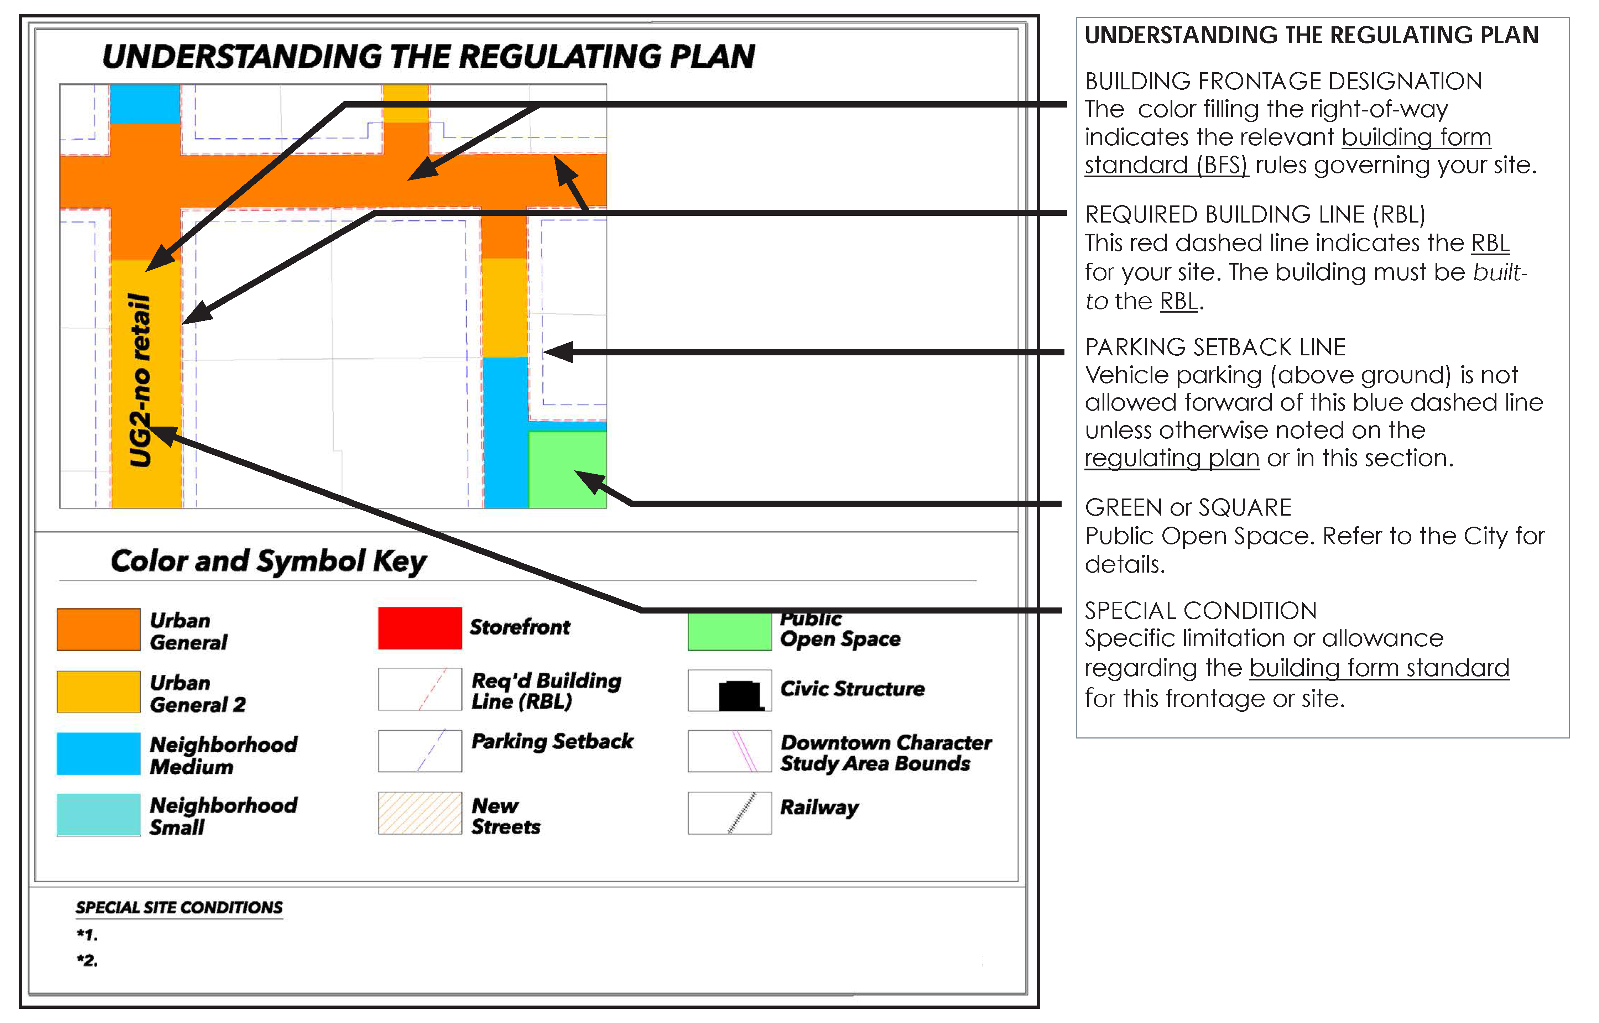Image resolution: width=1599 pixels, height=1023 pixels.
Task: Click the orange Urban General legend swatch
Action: [x=98, y=629]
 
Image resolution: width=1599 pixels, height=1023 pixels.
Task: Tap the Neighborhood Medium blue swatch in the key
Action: [x=98, y=753]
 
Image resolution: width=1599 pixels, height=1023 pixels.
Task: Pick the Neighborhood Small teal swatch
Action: [x=98, y=814]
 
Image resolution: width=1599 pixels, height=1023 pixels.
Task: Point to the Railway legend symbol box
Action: [x=729, y=813]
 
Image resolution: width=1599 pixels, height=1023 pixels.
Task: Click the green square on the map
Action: [x=567, y=470]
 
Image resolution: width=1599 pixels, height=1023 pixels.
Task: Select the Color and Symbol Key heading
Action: [x=269, y=561]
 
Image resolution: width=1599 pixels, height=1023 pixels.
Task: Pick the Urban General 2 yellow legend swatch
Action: [x=98, y=691]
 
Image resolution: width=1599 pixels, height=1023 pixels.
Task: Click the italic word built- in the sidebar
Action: [x=1499, y=272]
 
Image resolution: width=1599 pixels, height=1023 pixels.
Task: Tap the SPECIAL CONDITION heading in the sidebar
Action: [x=1200, y=610]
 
